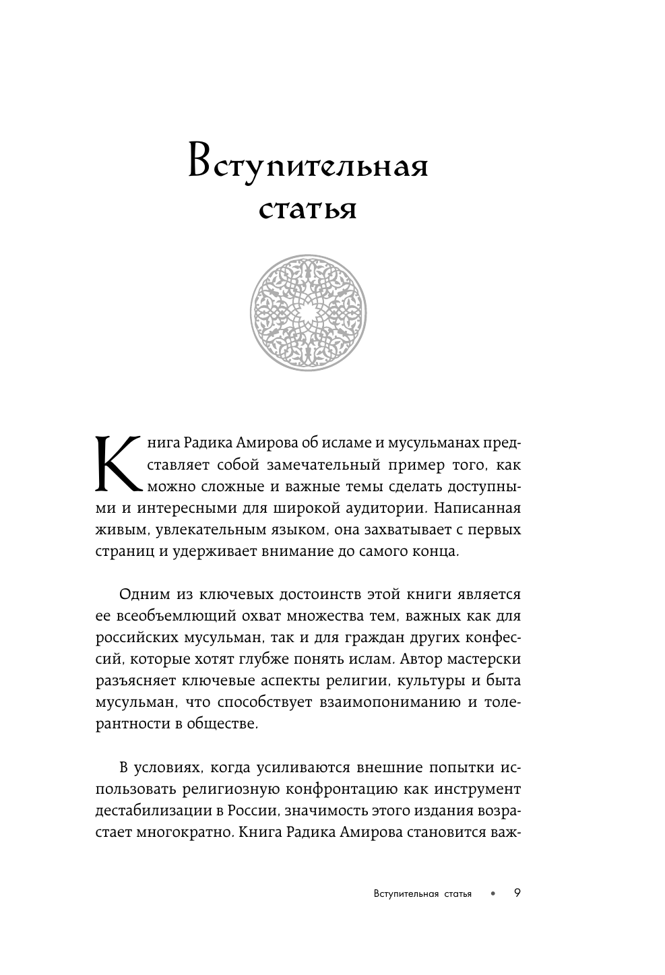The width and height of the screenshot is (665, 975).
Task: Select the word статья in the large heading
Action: pos(308,210)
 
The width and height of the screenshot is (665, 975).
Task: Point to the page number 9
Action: pos(517,893)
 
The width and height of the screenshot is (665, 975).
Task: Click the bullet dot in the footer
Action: pos(493,894)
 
